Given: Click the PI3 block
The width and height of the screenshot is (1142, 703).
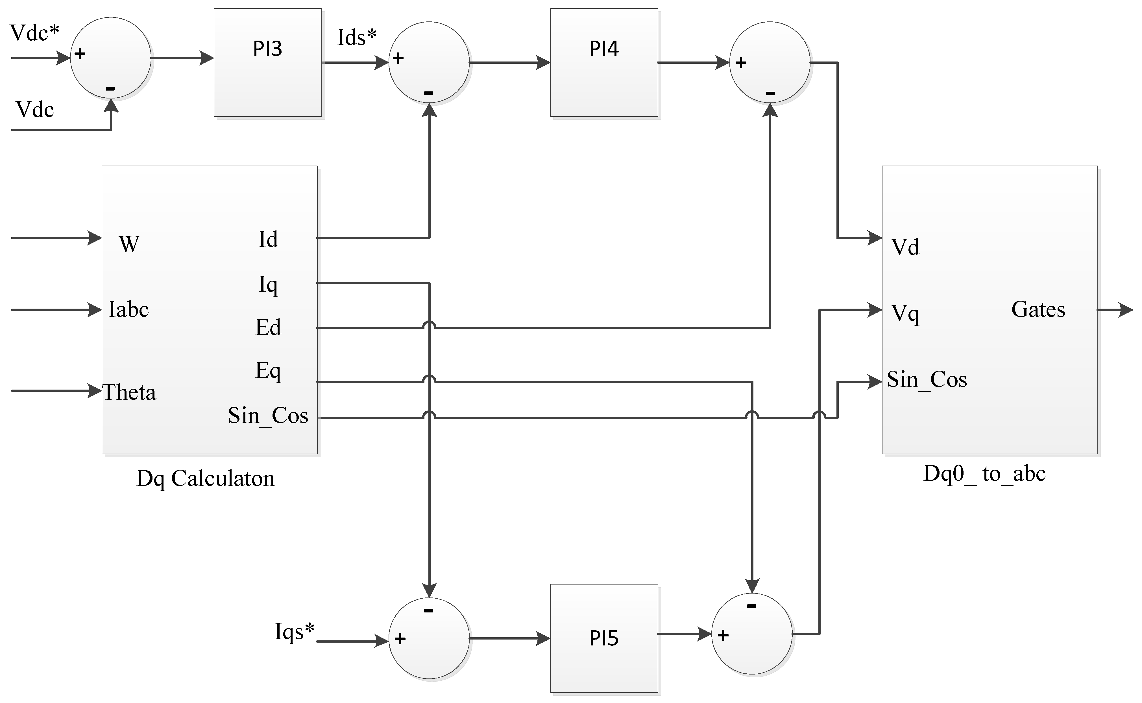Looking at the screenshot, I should point(268,62).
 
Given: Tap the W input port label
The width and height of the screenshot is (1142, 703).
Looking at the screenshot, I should point(129,244).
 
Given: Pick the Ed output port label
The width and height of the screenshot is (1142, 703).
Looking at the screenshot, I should point(268,327).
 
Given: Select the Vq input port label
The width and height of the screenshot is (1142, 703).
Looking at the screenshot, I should point(905,313).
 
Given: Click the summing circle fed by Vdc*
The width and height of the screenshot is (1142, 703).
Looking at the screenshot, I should point(111,58).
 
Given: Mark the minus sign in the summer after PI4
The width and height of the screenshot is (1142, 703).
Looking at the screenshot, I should point(770,93).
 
